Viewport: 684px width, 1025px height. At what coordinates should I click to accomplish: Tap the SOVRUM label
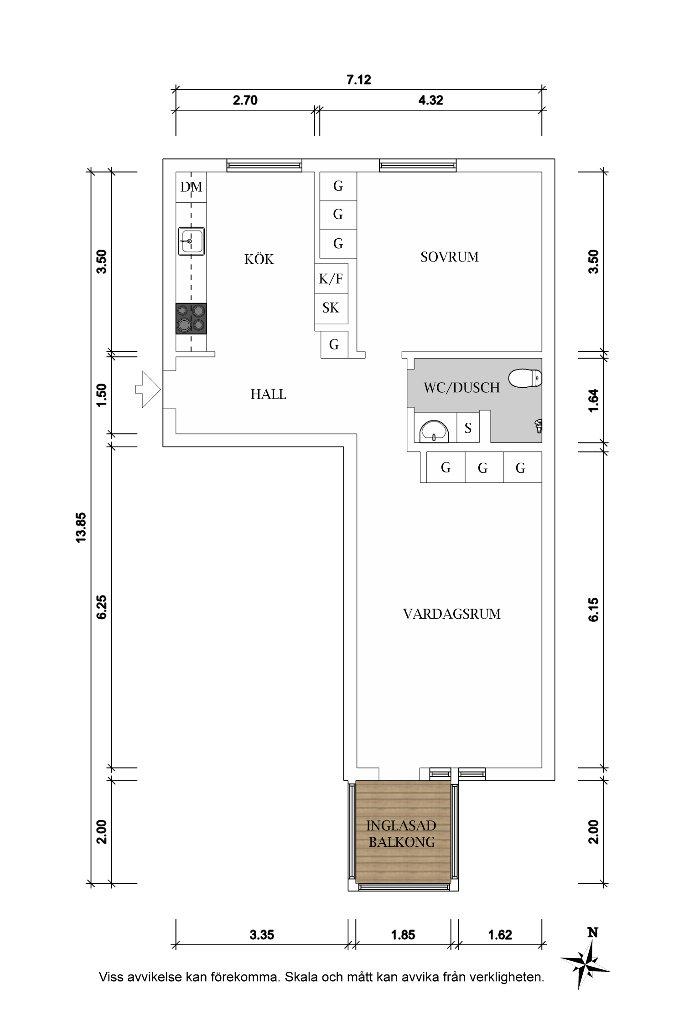pos(450,257)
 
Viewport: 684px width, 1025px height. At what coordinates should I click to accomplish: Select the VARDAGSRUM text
pos(451,614)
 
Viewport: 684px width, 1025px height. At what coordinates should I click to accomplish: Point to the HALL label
pos(268,394)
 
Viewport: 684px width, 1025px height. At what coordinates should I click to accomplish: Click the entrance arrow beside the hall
pos(148,389)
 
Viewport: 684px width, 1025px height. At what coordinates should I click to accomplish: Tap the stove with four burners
pos(191,318)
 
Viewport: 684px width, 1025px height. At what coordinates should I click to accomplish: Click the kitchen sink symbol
pos(192,241)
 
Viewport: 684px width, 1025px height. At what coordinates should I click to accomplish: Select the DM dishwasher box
pos(191,187)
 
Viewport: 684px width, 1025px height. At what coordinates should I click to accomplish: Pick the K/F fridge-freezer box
pos(331,278)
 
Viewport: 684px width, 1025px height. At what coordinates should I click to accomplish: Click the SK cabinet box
pos(331,308)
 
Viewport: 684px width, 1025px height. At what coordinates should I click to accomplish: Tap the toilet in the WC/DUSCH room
pos(525,378)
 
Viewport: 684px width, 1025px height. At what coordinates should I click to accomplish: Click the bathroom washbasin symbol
pos(434,431)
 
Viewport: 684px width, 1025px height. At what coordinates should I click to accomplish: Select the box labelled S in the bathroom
pos(468,428)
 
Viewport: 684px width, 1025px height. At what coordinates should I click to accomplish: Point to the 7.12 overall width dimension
pos(359,80)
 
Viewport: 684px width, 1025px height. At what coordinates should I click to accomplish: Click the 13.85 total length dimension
pos(81,528)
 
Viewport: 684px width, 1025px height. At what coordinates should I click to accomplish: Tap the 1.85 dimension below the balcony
pos(403,935)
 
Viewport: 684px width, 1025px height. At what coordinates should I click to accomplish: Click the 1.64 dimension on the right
pos(593,400)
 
